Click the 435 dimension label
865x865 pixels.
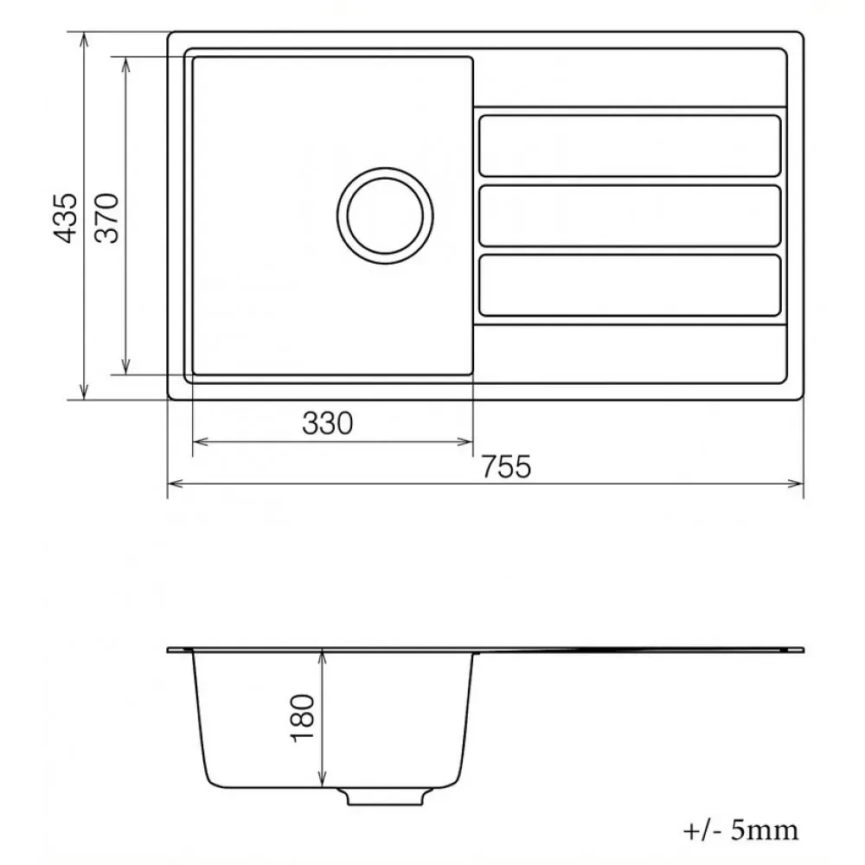(66, 218)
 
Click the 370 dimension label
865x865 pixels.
(107, 218)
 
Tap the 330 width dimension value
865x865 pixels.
(327, 423)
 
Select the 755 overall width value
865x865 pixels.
(506, 466)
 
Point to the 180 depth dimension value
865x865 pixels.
(303, 718)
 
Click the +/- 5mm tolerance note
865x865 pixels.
(741, 830)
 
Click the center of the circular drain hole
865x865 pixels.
(385, 215)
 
